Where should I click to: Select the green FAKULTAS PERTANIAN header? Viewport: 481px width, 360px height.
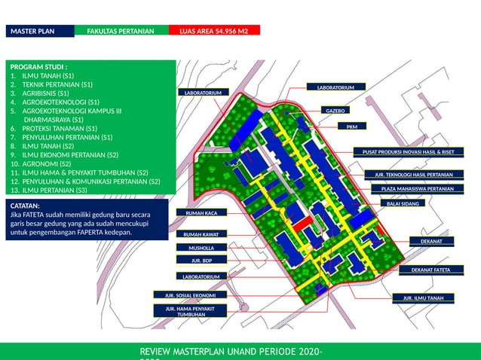pyautogui.click(x=121, y=31)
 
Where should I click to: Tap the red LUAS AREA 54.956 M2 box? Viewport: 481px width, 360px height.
pyautogui.click(x=214, y=31)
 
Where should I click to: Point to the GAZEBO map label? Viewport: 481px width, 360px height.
pyautogui.click(x=334, y=111)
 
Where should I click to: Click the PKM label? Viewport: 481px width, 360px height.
pyautogui.click(x=351, y=127)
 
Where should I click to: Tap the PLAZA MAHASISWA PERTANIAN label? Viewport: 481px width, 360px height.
pyautogui.click(x=417, y=189)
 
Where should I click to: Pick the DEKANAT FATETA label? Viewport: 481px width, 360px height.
pyautogui.click(x=430, y=270)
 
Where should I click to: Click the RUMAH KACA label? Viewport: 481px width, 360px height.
pyautogui.click(x=201, y=213)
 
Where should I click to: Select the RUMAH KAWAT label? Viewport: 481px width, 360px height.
pyautogui.click(x=201, y=235)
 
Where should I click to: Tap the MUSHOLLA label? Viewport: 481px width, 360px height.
pyautogui.click(x=201, y=248)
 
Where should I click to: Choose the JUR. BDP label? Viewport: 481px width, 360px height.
pyautogui.click(x=201, y=261)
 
